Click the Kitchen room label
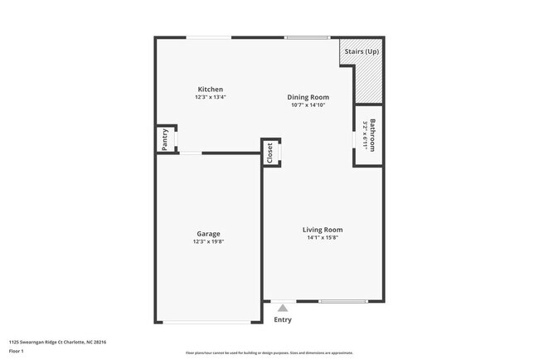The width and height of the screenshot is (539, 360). click(210, 89)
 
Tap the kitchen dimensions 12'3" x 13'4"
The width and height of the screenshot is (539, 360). click(210, 97)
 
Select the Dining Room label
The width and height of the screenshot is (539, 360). click(308, 97)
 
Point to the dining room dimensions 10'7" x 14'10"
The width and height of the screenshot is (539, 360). click(308, 105)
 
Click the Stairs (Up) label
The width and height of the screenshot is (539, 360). click(362, 51)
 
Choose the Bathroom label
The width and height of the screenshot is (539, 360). click(374, 135)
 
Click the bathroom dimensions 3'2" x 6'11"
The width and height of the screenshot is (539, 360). click(365, 135)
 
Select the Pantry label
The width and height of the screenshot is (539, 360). click(165, 139)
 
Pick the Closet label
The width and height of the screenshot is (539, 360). click(270, 152)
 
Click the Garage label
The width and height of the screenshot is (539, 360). click(208, 233)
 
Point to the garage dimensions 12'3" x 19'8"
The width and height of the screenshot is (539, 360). click(208, 241)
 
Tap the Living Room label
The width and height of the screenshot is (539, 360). click(323, 230)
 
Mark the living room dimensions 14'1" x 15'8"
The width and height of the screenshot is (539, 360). click(323, 238)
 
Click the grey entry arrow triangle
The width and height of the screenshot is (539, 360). click(283, 308)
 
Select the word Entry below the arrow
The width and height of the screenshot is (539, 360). click(283, 319)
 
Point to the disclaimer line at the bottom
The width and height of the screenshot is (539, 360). click(269, 353)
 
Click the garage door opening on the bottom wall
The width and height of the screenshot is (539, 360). click(208, 322)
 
